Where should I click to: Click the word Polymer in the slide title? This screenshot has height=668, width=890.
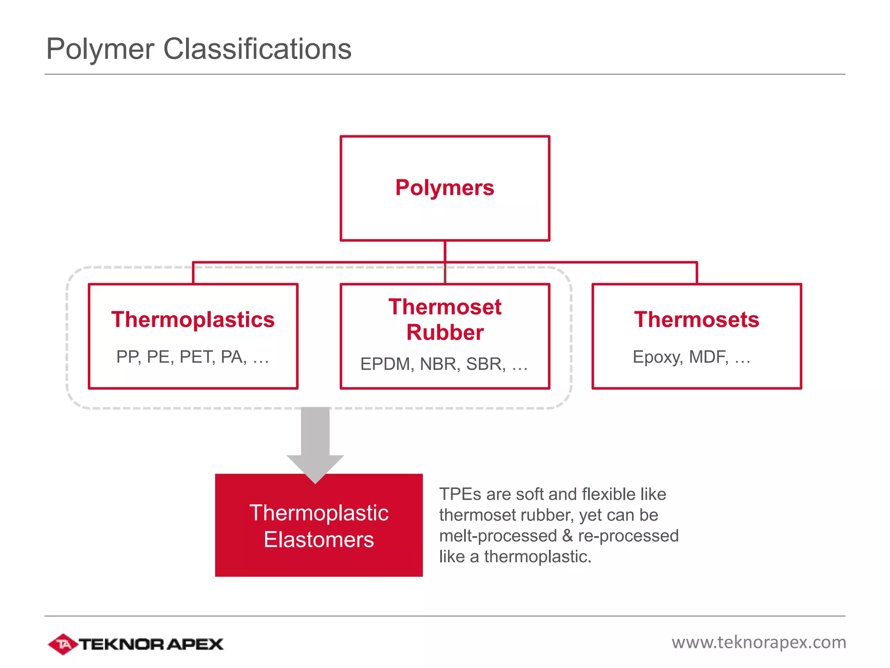click(x=100, y=49)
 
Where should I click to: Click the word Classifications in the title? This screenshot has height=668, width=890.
click(x=257, y=49)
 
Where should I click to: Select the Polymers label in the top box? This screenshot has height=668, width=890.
click(x=445, y=188)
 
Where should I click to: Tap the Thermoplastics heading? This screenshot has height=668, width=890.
click(x=193, y=320)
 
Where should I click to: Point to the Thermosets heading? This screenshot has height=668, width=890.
click(x=697, y=320)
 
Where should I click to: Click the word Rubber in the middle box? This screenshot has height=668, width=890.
click(x=445, y=333)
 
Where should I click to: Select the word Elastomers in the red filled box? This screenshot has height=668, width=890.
click(x=319, y=540)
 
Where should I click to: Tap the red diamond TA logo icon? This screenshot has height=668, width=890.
click(x=63, y=644)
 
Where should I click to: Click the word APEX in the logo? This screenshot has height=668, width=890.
click(x=195, y=644)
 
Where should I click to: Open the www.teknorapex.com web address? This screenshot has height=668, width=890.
click(x=759, y=642)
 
